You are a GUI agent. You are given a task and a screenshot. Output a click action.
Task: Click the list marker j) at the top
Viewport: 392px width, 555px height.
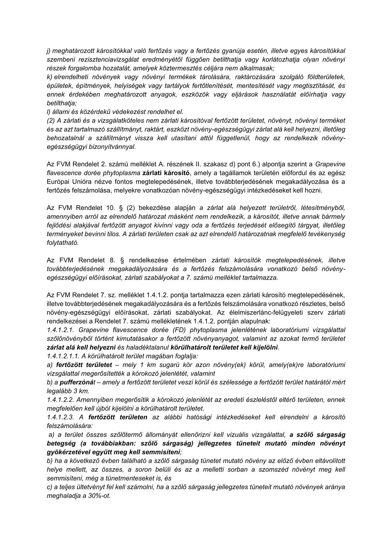[49, 51]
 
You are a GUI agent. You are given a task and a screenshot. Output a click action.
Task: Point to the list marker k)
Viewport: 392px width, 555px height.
[49, 77]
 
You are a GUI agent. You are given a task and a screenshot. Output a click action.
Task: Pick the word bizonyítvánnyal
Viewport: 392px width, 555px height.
[114, 147]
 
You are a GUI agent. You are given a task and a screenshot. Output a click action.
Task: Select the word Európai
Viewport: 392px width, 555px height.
[57, 182]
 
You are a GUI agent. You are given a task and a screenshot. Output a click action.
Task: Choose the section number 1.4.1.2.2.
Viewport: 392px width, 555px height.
[60, 400]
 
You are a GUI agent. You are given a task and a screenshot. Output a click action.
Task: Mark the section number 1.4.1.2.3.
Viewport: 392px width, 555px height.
[60, 417]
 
